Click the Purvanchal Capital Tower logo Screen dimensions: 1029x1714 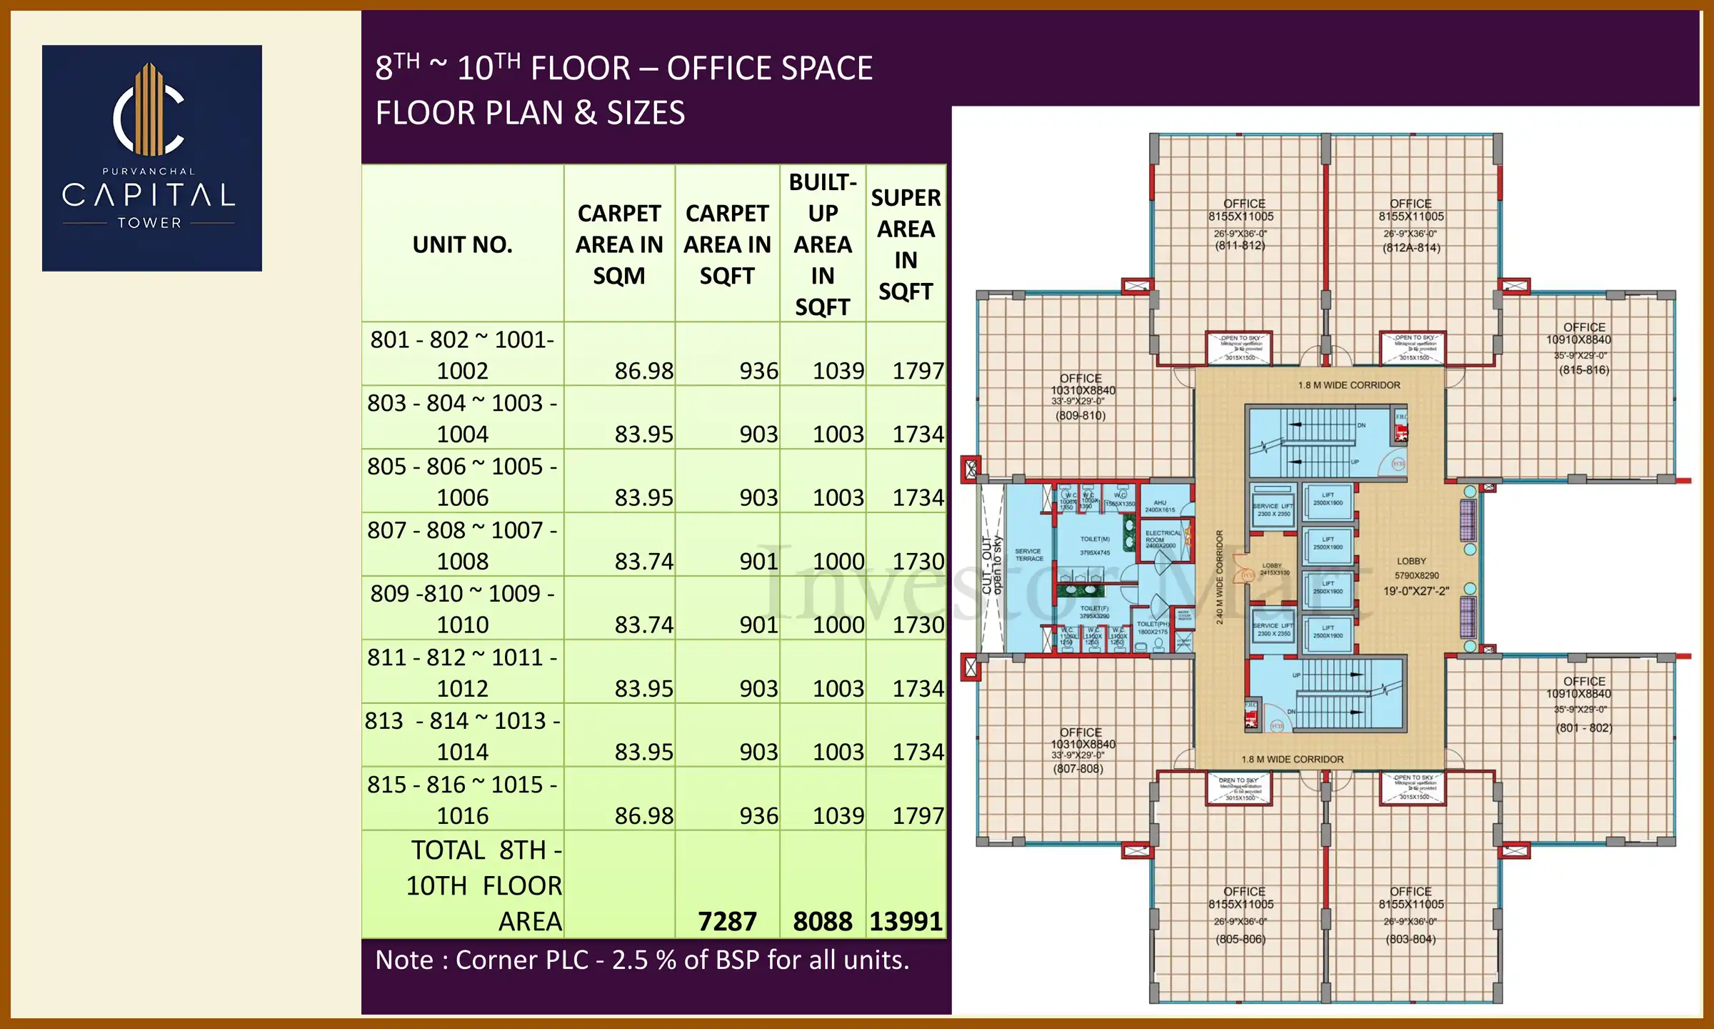pyautogui.click(x=151, y=158)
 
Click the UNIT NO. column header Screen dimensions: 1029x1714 pyautogui.click(x=462, y=244)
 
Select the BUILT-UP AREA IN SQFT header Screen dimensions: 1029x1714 pyautogui.click(x=822, y=244)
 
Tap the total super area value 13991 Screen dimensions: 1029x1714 pyautogui.click(x=906, y=921)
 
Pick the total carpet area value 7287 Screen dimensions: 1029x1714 pyautogui.click(x=726, y=921)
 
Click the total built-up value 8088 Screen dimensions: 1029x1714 pyautogui.click(x=822, y=921)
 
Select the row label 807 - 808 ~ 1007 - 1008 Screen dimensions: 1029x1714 pyautogui.click(x=462, y=545)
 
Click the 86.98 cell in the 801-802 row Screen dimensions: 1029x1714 pyautogui.click(x=643, y=370)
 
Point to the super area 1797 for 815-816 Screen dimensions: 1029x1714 pyautogui.click(x=918, y=815)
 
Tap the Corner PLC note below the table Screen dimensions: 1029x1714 pyautogui.click(x=642, y=960)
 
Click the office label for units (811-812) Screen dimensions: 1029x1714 pyautogui.click(x=1241, y=224)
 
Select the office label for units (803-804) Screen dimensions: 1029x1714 pyautogui.click(x=1410, y=915)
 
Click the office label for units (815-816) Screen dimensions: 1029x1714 pyautogui.click(x=1583, y=348)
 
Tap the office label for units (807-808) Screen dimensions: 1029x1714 pyautogui.click(x=1080, y=750)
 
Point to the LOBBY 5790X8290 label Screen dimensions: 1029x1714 pyautogui.click(x=1415, y=575)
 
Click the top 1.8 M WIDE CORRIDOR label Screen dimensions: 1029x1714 pyautogui.click(x=1348, y=385)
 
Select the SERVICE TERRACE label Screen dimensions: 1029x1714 pyautogui.click(x=1028, y=555)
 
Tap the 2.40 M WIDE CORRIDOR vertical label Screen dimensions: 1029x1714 pyautogui.click(x=1219, y=577)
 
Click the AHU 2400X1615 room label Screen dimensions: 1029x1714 pyautogui.click(x=1159, y=506)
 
